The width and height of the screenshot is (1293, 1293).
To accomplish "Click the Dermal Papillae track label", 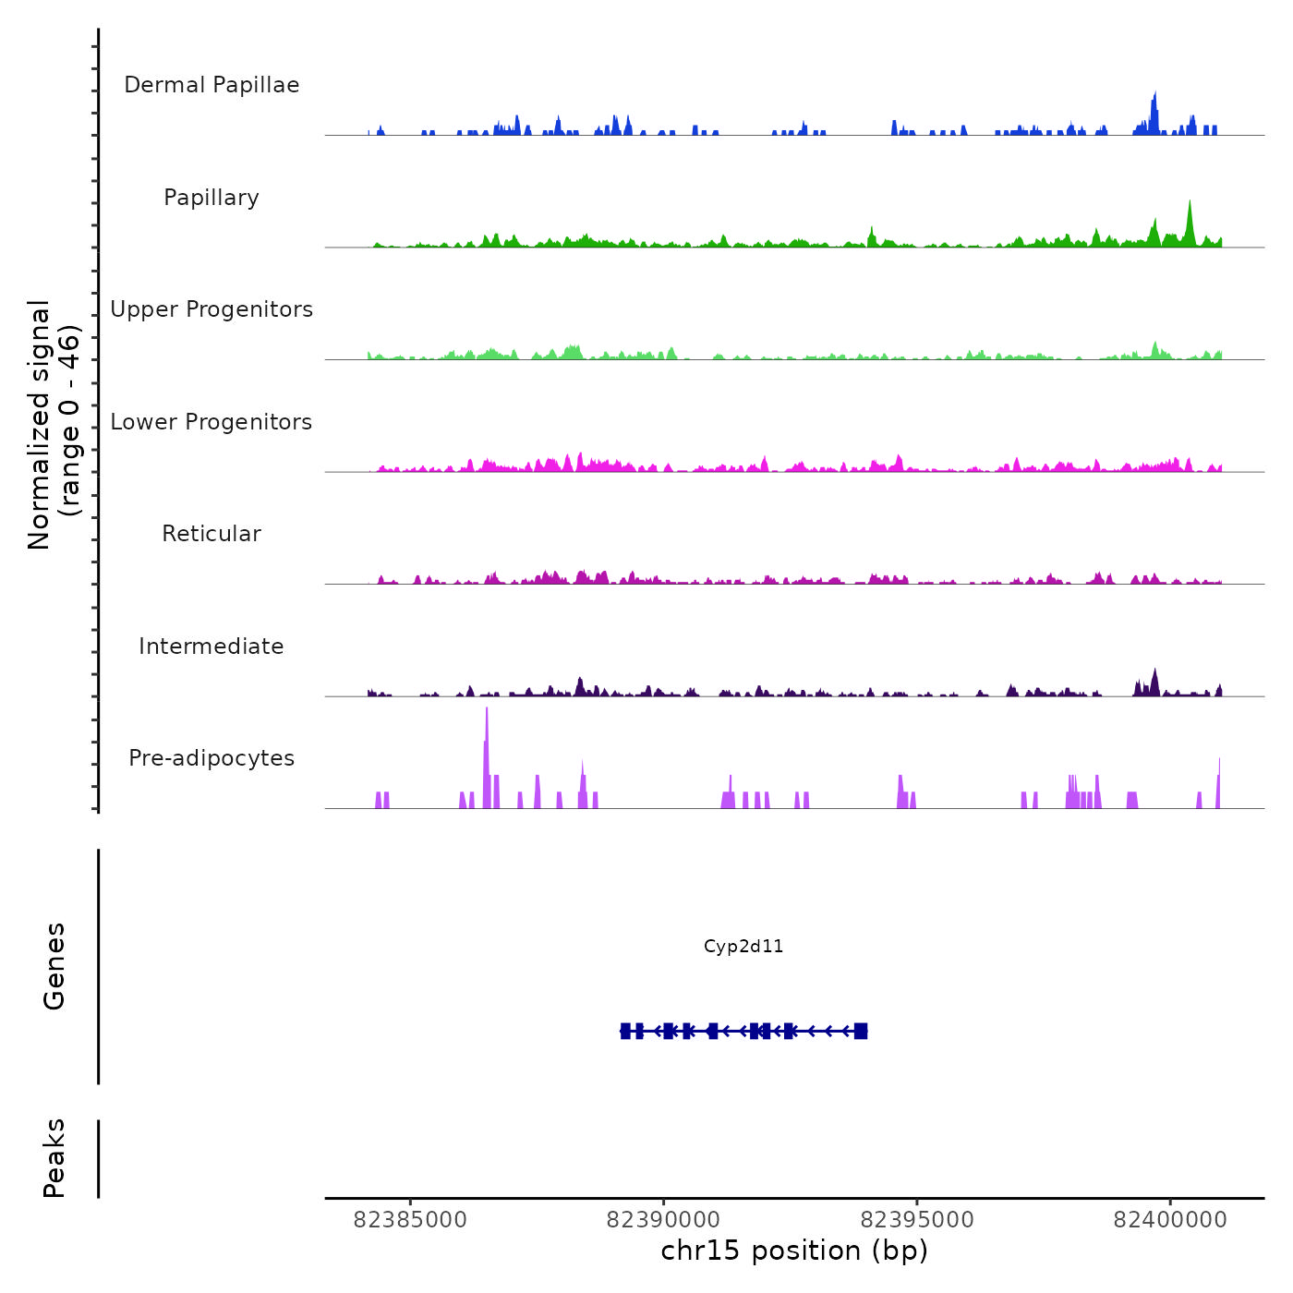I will pyautogui.click(x=211, y=85).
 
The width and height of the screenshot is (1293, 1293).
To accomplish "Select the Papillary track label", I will pyautogui.click(x=211, y=198).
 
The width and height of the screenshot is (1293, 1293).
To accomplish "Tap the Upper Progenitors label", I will pyautogui.click(x=211, y=309).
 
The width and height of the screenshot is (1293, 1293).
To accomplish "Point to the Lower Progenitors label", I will pyautogui.click(x=211, y=422).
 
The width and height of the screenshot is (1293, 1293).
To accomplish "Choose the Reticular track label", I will pyautogui.click(x=211, y=534).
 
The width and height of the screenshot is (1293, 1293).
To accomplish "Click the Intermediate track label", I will pyautogui.click(x=211, y=646).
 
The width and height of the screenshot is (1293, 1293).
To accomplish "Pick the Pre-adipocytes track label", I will pyautogui.click(x=211, y=758).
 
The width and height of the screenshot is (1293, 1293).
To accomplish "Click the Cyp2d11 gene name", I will pyautogui.click(x=743, y=946).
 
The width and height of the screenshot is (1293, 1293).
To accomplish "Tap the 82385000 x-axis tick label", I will pyautogui.click(x=410, y=1220).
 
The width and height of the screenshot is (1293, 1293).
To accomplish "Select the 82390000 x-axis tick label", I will pyautogui.click(x=663, y=1220).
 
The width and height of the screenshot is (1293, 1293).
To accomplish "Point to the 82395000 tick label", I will pyautogui.click(x=917, y=1220).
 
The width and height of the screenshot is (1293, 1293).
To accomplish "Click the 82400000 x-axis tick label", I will pyautogui.click(x=1170, y=1220).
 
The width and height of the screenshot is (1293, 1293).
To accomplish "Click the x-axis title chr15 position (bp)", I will pyautogui.click(x=794, y=1251).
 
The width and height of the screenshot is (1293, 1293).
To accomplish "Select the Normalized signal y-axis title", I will pyautogui.click(x=54, y=425).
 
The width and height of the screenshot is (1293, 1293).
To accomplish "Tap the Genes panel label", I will pyautogui.click(x=54, y=966).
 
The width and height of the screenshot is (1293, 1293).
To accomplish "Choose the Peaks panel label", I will pyautogui.click(x=54, y=1158).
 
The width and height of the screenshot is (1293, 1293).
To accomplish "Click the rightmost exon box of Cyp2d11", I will pyautogui.click(x=861, y=1031).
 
